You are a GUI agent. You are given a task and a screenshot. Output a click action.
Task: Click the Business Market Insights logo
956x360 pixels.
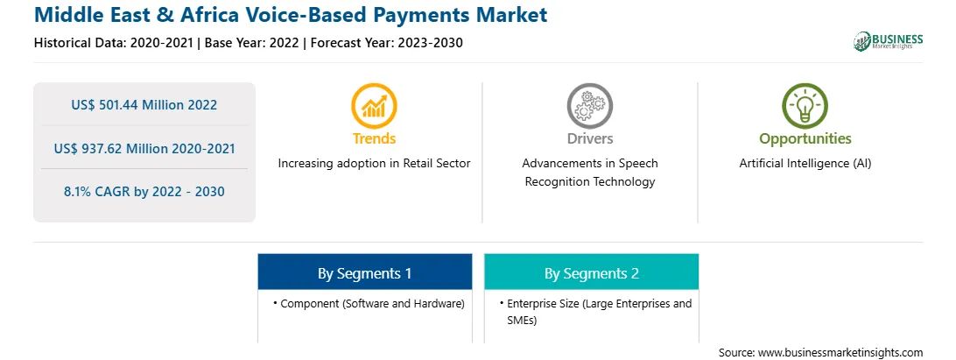pos(888,41)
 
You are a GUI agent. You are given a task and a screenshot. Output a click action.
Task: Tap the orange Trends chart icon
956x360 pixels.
pos(374,106)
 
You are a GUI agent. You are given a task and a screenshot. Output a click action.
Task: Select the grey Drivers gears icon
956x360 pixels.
pos(589,106)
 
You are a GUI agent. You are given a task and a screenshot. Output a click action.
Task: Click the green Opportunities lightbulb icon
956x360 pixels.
pos(805,106)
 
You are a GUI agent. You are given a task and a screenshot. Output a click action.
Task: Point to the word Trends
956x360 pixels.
pos(374,138)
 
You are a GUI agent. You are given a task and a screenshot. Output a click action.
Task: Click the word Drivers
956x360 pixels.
pos(589,138)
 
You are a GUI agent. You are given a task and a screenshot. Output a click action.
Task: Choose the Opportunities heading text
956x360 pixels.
pos(805,139)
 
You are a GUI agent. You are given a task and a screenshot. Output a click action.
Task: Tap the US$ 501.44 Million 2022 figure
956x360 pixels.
pos(144,104)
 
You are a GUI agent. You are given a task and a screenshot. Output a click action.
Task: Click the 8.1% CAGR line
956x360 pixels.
pos(144,192)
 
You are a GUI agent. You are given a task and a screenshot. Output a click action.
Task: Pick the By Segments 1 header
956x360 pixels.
pos(364,273)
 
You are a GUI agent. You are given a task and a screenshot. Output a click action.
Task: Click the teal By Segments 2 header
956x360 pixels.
pos(592,273)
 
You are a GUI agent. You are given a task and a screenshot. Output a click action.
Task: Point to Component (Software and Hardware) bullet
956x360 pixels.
pos(369,303)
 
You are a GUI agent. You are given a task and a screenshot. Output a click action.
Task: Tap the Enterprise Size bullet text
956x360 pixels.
pos(595,312)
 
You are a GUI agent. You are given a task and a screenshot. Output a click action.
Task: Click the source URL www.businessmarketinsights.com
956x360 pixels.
pos(840,352)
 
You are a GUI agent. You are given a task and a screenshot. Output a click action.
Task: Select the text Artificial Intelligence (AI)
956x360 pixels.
pos(805,164)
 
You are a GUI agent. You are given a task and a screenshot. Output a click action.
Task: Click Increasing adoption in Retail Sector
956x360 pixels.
pos(374,164)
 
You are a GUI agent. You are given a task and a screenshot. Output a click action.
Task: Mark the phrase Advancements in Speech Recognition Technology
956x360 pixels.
pos(589,173)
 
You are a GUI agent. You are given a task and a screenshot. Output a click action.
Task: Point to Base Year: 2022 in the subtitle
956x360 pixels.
pos(251,43)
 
